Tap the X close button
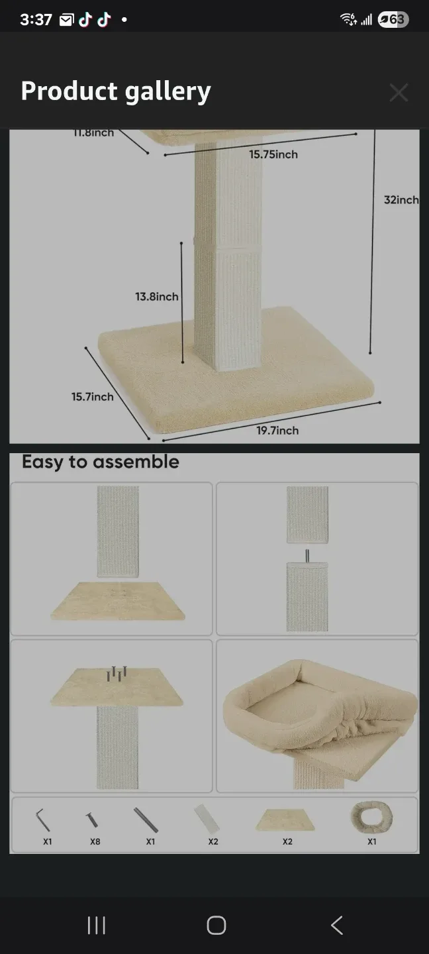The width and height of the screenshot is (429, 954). point(399,93)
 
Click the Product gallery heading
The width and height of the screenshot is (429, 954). point(116,91)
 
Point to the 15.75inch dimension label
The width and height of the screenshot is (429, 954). point(273,154)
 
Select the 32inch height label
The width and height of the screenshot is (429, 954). point(401,199)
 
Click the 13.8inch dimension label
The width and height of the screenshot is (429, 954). point(157,297)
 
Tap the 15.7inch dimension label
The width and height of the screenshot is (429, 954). point(93,397)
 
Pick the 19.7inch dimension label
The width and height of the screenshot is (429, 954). point(277,431)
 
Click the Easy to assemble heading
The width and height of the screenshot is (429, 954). point(101,462)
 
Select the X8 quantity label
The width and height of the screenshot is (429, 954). point(95,841)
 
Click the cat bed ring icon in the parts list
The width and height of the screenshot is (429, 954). point(371,817)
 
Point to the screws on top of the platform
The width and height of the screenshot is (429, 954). point(117,673)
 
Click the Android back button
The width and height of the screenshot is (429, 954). point(336,926)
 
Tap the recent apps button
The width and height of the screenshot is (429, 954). point(97,926)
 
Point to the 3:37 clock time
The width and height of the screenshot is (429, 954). point(36,20)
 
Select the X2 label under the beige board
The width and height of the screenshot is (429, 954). point(287,841)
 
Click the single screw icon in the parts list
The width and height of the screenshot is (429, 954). point(92,820)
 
